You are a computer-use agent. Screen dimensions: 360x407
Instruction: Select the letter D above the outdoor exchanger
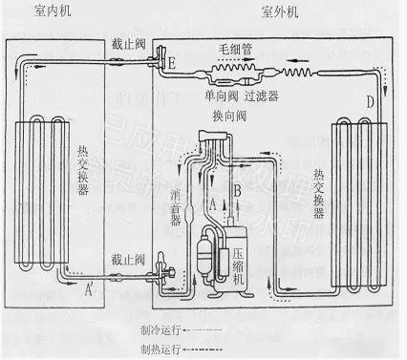click(371, 101)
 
